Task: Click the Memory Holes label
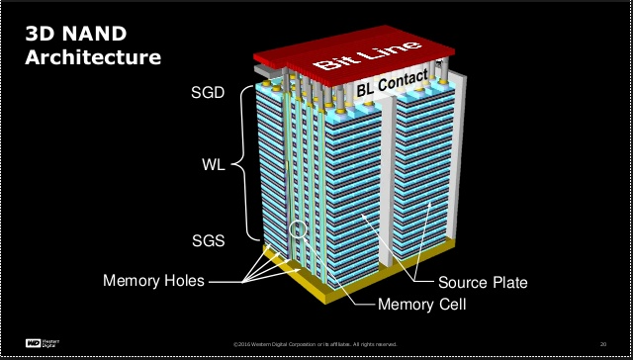point(153,281)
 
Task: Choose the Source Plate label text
point(483,283)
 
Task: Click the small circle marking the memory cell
point(298,234)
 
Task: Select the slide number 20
point(602,343)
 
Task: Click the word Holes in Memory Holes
point(183,281)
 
